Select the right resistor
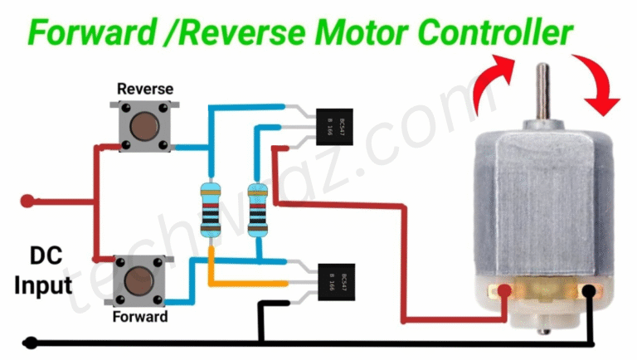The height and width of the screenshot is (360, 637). (x=258, y=207)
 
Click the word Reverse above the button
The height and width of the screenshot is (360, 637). (x=143, y=88)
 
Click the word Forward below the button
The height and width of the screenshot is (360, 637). (x=140, y=316)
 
